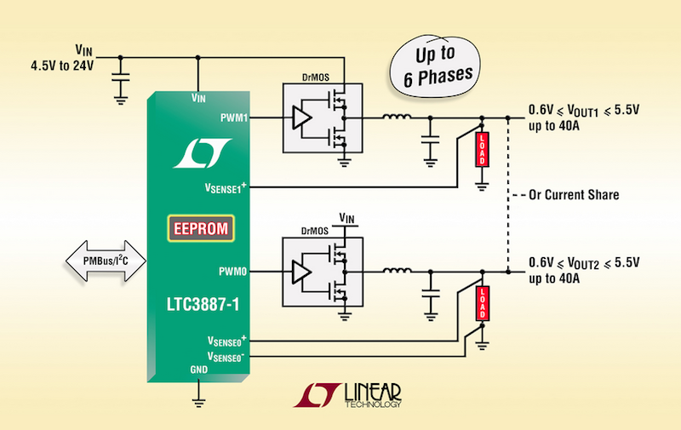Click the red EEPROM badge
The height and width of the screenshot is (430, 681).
pyautogui.click(x=199, y=228)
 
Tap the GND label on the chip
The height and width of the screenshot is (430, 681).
pyautogui.click(x=197, y=370)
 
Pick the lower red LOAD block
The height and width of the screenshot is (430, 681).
pyautogui.click(x=482, y=302)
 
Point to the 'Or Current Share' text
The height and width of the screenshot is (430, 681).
pyautogui.click(x=573, y=195)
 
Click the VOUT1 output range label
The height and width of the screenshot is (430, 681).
pyautogui.click(x=583, y=109)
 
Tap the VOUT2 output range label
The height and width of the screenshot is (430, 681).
pyautogui.click(x=583, y=261)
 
